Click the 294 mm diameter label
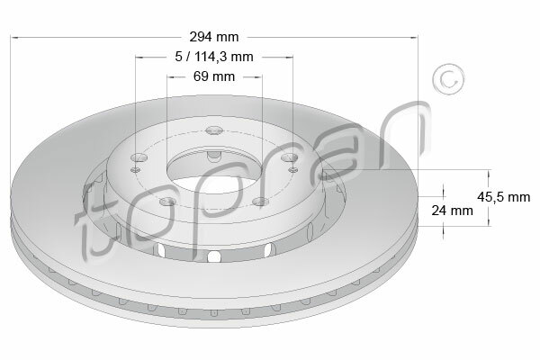click(x=214, y=37)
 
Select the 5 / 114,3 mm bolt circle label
click(x=214, y=57)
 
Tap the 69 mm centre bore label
click(x=214, y=76)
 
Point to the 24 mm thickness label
click(x=452, y=210)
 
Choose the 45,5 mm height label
click(x=503, y=197)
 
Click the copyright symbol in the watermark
click(x=448, y=79)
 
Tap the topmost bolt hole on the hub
click(x=214, y=130)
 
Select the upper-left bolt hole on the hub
click(x=139, y=157)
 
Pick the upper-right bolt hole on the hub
click(x=289, y=157)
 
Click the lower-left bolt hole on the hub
click(x=168, y=202)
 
